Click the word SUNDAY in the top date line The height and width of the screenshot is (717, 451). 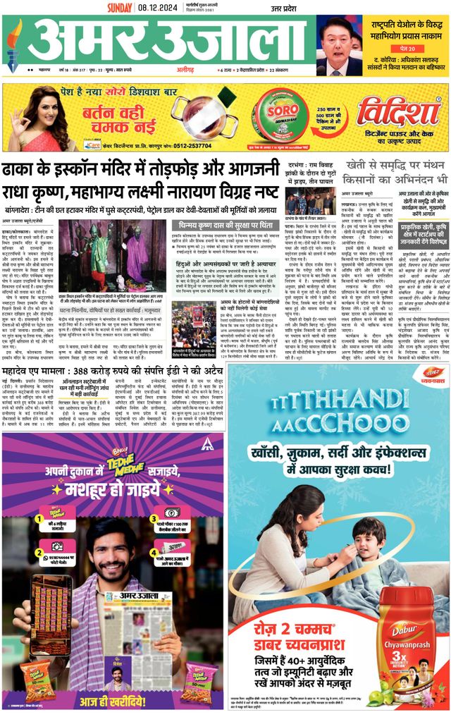(121, 8)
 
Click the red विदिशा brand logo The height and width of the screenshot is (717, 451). (398, 111)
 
